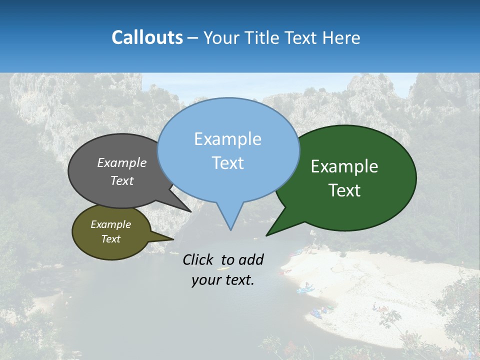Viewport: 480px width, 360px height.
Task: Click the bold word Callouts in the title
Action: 147,37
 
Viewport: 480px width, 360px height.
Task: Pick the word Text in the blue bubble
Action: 227,162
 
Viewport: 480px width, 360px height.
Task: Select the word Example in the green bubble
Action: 344,166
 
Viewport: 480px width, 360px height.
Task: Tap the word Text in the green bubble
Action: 344,190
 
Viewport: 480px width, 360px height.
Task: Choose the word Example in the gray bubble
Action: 121,162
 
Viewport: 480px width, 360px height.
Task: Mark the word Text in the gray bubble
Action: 121,180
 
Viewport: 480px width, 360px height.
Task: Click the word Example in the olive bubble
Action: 110,224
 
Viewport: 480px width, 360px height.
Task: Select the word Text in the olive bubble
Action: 110,238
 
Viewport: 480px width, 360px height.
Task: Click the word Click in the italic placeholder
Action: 199,259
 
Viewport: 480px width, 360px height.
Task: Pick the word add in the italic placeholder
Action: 251,259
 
